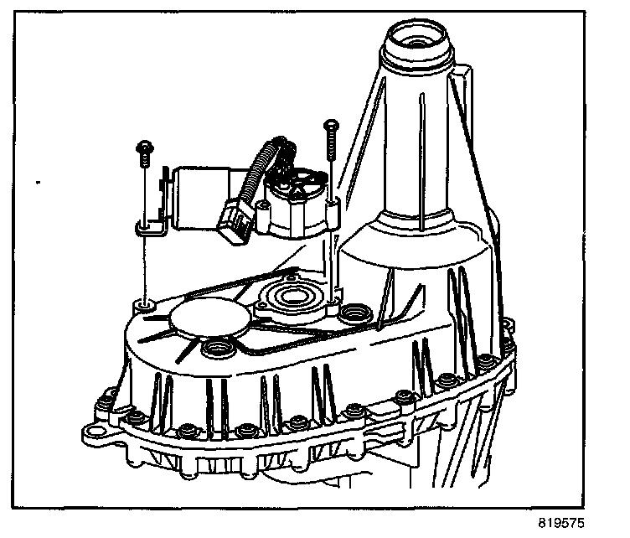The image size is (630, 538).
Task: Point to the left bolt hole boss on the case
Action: point(144,306)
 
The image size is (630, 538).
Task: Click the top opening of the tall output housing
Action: point(416,39)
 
